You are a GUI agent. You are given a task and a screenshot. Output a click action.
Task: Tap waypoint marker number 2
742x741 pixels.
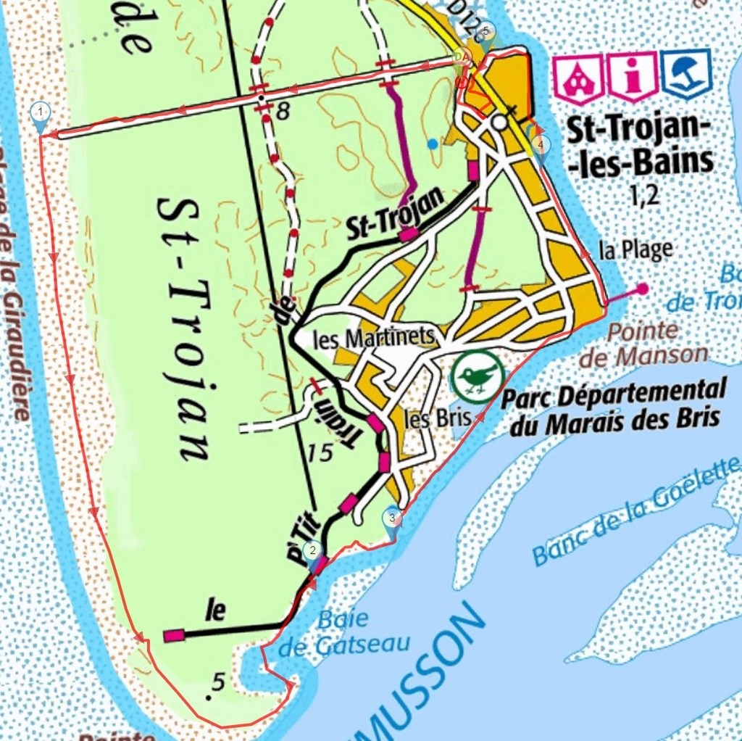click(x=312, y=551)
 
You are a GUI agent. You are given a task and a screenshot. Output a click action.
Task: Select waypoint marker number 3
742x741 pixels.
click(x=392, y=518)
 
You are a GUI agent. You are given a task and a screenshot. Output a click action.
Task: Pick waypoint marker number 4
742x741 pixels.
click(x=540, y=145)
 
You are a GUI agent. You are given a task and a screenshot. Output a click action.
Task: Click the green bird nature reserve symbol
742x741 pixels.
click(x=478, y=376)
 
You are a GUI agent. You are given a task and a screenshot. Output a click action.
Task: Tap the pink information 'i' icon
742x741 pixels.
click(x=633, y=75)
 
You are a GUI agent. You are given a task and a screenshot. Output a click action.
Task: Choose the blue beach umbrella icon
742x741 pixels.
click(x=686, y=73)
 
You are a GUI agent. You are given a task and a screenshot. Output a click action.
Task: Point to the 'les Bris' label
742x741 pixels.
click(x=427, y=418)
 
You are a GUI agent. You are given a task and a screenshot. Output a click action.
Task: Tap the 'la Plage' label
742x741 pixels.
click(x=635, y=250)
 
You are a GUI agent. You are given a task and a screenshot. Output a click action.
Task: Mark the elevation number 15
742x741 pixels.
click(x=319, y=453)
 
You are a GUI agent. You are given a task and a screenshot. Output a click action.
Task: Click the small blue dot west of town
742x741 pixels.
click(x=433, y=144)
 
